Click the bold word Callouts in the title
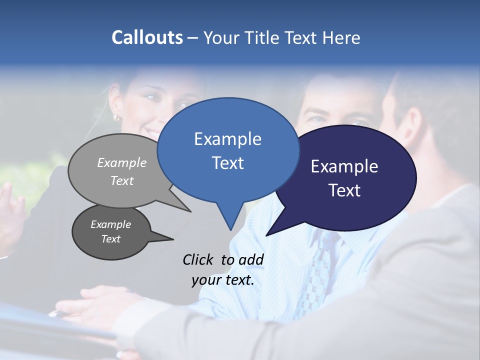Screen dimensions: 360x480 [x=147, y=37]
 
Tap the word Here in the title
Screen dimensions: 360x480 [x=340, y=37]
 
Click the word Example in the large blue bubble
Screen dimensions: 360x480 [x=227, y=139]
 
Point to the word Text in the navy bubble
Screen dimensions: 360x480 [x=344, y=190]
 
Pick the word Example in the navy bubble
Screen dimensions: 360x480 [x=344, y=166]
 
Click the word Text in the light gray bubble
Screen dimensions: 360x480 [x=122, y=181]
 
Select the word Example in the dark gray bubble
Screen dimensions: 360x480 [x=110, y=224]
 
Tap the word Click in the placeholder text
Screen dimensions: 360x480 [x=199, y=259]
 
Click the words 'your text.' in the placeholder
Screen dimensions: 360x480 [x=222, y=280]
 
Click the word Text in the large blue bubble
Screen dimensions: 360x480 [x=227, y=163]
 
